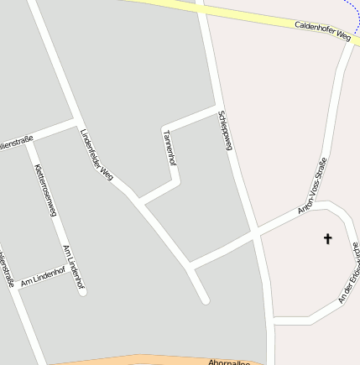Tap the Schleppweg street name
tap(223, 131)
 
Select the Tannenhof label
tap(170, 148)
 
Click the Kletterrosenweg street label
tap(45, 190)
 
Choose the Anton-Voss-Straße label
tap(312, 185)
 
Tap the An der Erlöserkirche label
tap(348, 274)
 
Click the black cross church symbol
tap(327, 239)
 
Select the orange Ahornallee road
tap(126, 361)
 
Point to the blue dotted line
tap(352, 8)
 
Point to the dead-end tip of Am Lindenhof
tap(82, 291)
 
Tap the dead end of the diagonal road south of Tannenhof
tap(204, 299)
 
